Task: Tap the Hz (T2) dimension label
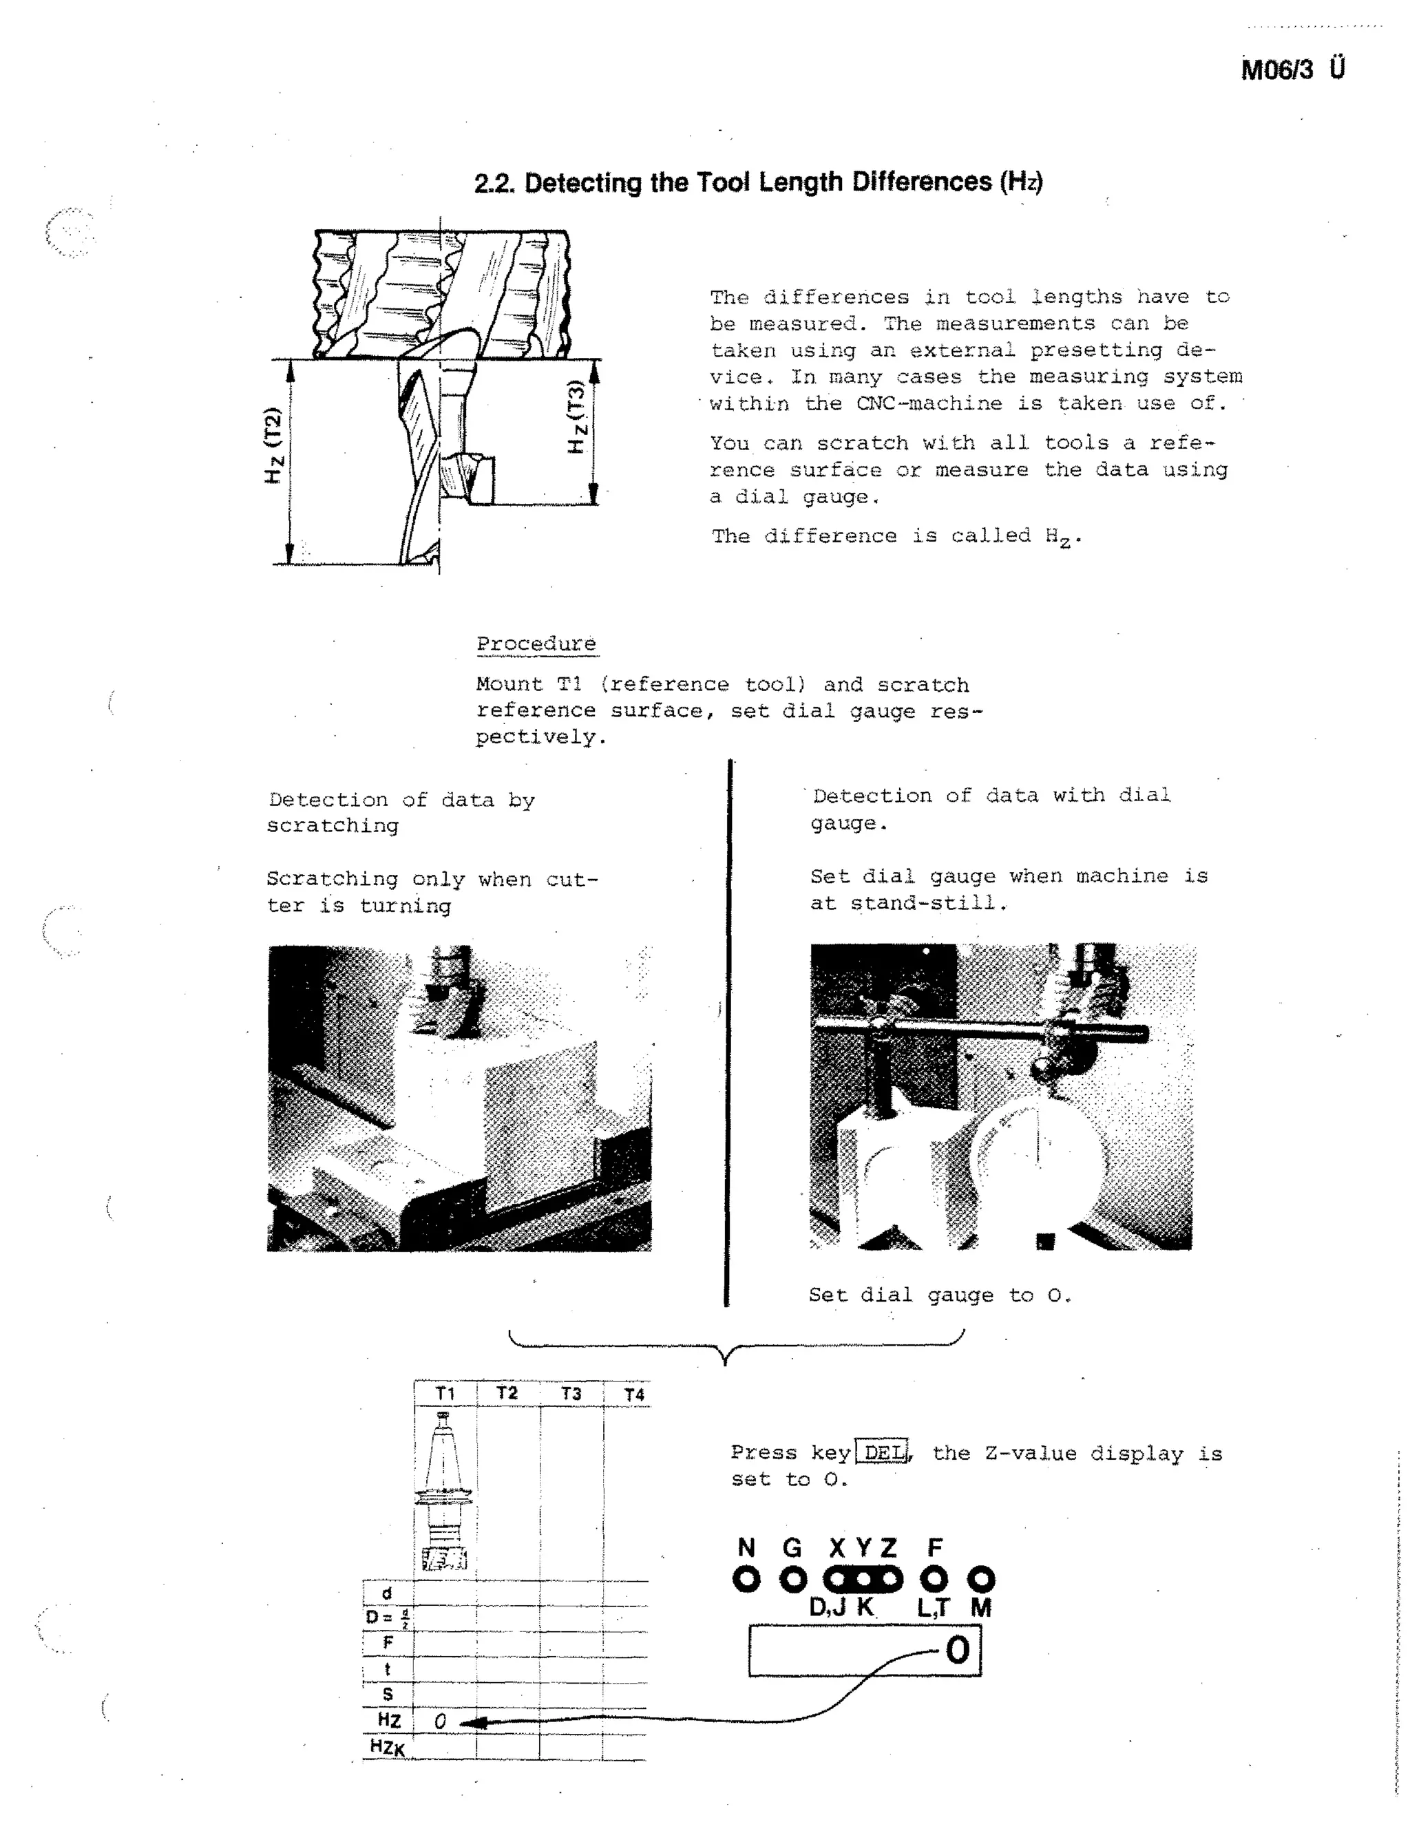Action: [273, 445]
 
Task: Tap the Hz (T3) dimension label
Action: [576, 416]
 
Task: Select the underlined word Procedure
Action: [536, 644]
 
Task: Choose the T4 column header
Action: [634, 1394]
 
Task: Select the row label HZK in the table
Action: [387, 1747]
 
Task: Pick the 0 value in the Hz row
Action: [440, 1721]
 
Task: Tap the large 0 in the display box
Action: [957, 1651]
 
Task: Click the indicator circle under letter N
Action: [746, 1579]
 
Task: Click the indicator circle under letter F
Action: [934, 1579]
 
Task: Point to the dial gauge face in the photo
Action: [1035, 1161]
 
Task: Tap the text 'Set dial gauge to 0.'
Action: [939, 1295]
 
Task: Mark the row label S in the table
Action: [388, 1695]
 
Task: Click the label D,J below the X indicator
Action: [827, 1608]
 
